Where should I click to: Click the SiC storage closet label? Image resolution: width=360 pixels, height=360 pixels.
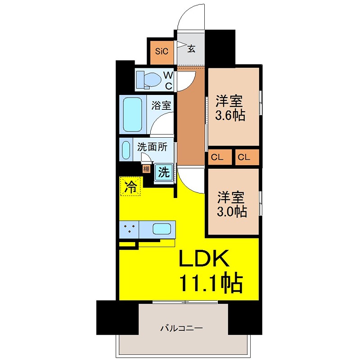[162, 51]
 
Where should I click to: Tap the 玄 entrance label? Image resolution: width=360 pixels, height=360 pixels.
[191, 49]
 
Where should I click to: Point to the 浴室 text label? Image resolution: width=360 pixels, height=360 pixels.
[161, 106]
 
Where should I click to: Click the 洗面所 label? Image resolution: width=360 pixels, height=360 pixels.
[152, 147]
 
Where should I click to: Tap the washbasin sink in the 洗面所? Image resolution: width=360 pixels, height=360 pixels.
[126, 150]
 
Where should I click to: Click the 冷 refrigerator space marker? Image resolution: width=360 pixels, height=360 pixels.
[130, 186]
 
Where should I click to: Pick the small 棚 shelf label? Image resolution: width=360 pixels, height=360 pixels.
[146, 169]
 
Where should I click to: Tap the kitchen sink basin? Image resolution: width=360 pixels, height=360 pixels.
[162, 229]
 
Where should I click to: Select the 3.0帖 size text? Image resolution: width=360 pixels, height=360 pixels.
[232, 211]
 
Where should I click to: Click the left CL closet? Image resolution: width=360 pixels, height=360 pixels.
[219, 157]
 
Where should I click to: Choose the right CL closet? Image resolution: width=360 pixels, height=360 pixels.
[246, 157]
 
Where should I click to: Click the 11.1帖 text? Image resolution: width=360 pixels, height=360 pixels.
[211, 283]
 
